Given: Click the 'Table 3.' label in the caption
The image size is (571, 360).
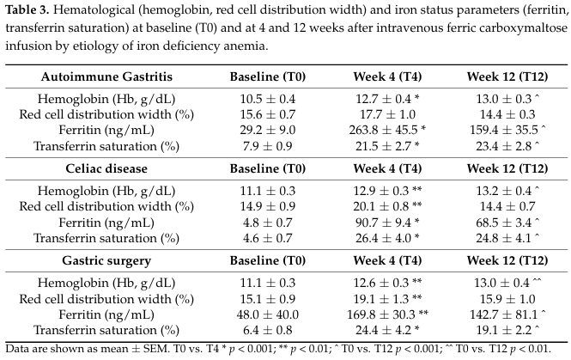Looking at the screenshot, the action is (x=27, y=9).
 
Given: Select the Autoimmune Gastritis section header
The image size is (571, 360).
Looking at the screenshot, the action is (x=106, y=76).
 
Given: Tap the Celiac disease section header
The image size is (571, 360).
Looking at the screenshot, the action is (x=106, y=168).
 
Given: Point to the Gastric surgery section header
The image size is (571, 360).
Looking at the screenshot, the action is (x=106, y=260).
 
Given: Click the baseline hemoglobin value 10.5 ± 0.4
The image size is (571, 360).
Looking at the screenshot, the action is (x=268, y=99).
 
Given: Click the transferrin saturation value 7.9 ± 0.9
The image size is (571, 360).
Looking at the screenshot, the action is (x=268, y=146).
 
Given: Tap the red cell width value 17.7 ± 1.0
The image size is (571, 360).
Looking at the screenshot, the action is (x=387, y=114).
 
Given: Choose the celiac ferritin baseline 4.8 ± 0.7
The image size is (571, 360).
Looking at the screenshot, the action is (x=268, y=223).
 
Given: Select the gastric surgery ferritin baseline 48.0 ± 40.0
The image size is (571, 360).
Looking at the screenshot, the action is (x=268, y=314).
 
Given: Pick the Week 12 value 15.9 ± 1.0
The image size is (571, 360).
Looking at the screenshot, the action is (x=507, y=299).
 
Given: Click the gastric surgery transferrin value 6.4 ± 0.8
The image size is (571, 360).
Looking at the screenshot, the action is (x=268, y=330).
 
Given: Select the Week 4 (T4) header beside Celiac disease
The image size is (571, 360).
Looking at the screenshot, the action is (x=387, y=168).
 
